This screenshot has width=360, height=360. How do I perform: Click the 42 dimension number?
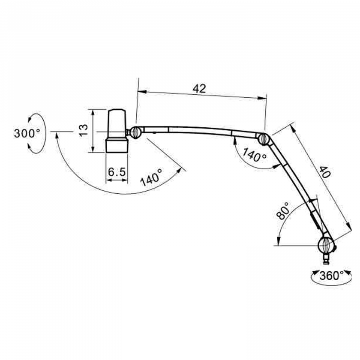[x=199, y=88]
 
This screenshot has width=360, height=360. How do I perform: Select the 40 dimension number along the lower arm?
[x=324, y=172]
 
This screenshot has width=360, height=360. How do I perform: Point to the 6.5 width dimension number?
[x=117, y=172]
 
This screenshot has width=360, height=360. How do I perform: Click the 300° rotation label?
[x=27, y=133]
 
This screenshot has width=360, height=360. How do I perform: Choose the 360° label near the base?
[x=329, y=275]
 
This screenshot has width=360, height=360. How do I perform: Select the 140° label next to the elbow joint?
[x=254, y=155]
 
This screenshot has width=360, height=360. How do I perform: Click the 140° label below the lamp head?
[x=151, y=177]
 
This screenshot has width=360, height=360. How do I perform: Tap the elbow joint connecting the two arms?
[x=263, y=138]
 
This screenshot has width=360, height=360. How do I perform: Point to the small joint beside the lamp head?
[x=135, y=132]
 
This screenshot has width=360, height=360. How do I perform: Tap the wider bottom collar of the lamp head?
[x=117, y=144]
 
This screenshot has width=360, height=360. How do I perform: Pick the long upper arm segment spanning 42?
[x=197, y=131]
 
